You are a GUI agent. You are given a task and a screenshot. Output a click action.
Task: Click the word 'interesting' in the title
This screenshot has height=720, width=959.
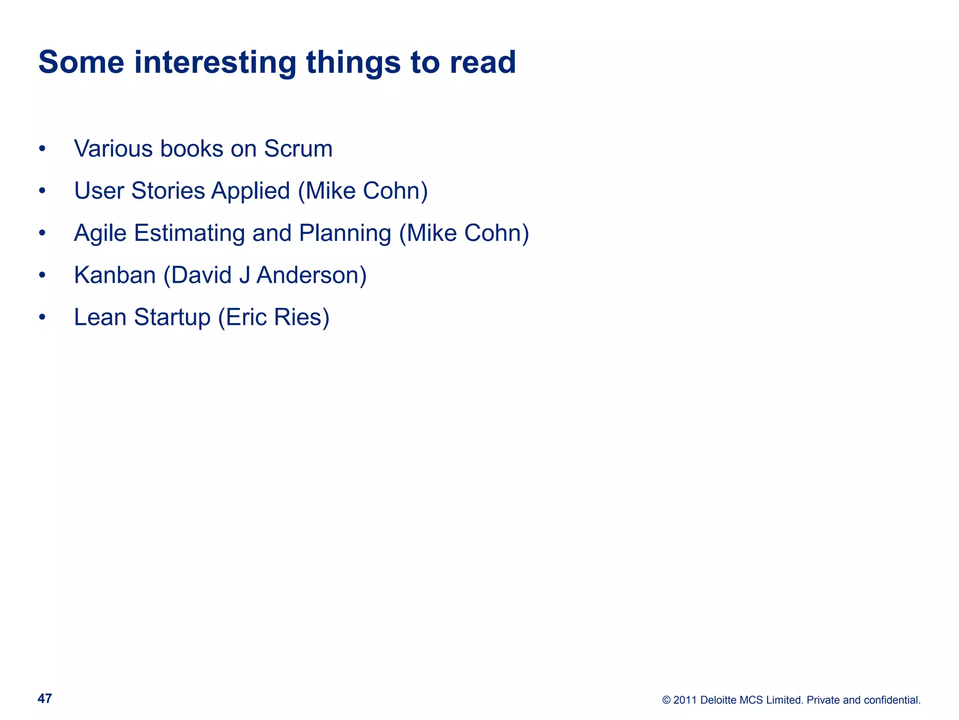215,62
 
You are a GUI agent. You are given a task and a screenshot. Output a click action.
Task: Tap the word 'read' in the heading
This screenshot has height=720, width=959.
483,62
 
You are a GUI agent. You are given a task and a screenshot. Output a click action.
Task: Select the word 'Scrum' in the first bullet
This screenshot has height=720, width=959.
298,149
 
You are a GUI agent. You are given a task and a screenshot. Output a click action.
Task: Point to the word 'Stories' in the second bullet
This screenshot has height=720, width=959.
168,191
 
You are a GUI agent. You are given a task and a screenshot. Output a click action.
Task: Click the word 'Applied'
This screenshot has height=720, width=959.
251,191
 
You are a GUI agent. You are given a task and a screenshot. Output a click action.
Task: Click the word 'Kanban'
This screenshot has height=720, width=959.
115,275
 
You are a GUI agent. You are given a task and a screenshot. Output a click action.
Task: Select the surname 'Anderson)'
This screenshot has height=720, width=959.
311,275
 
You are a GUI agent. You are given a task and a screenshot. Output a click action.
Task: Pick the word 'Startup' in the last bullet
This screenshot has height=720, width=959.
172,317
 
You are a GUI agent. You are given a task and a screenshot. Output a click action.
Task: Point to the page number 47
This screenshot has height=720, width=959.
45,698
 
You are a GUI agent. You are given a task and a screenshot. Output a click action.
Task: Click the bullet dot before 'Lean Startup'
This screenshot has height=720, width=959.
42,318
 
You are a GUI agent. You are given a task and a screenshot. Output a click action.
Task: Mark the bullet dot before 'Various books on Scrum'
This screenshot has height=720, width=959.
42,149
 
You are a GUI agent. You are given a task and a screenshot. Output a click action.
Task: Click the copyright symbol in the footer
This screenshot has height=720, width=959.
666,700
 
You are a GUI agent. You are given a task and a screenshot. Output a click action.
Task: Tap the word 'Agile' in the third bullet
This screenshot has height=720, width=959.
100,233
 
